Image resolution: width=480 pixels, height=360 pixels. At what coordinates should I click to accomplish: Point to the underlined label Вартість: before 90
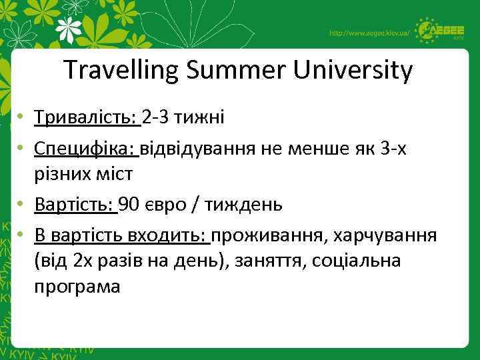click(x=75, y=204)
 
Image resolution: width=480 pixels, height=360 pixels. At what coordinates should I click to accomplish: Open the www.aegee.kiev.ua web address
click(x=369, y=33)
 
